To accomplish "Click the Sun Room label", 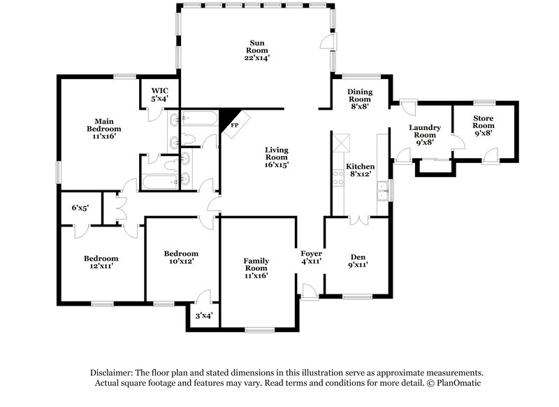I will coord(256,50).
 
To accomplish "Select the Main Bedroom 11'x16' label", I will coord(104,129).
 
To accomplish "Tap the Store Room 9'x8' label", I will coord(484,125).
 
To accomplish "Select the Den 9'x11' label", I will coord(357,259).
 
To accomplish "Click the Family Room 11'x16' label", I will coord(256,269).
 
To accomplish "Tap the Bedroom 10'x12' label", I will coord(182,257).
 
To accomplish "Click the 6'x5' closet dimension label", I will coord(80,208).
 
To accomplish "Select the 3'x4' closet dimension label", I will coord(203,315).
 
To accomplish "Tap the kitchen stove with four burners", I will coord(338,178).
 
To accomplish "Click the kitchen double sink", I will coord(382,190).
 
